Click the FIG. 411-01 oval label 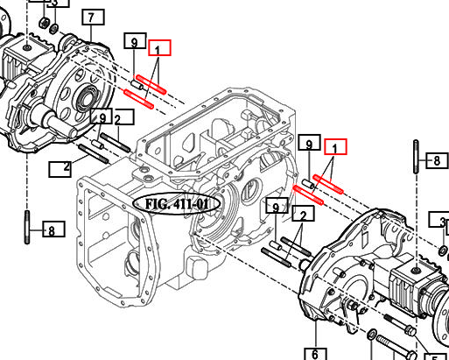click(x=178, y=204)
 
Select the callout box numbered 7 click(x=92, y=18)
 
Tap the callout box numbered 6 click(x=313, y=354)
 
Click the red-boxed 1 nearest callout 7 click(x=160, y=48)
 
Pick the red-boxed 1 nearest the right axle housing click(x=335, y=147)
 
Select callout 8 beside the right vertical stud click(x=435, y=160)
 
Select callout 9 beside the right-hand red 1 click(x=306, y=144)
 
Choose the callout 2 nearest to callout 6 click(x=303, y=215)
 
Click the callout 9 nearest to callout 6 click(x=275, y=207)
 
